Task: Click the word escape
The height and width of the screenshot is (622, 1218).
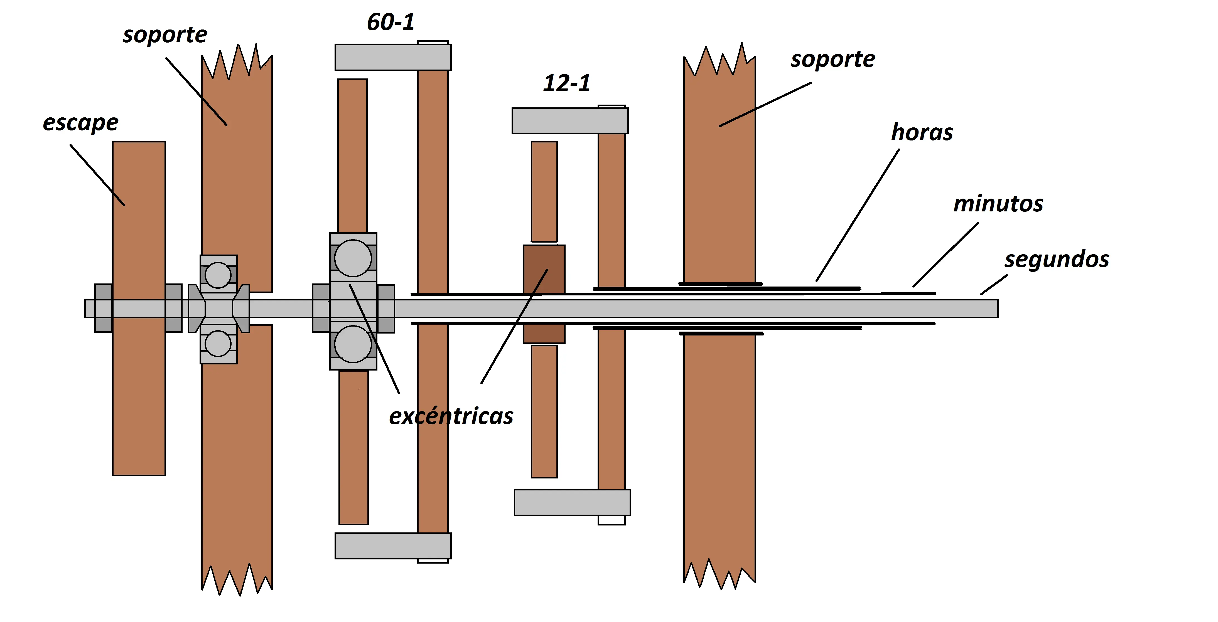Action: point(80,123)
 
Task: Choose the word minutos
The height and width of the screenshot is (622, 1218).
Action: point(998,204)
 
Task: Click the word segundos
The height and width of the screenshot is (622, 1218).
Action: point(1057,260)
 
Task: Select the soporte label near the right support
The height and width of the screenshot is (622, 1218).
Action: point(833,60)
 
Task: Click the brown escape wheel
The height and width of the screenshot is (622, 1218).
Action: point(139,308)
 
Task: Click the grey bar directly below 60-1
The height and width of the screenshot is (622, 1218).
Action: point(393,57)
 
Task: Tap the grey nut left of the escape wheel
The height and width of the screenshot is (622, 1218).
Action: point(104,308)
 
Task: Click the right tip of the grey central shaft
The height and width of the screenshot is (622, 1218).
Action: point(998,308)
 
